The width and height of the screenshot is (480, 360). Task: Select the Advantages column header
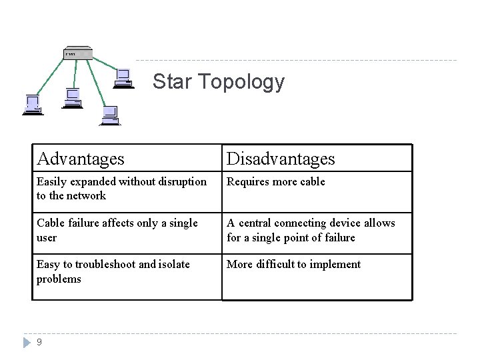pos(81,159)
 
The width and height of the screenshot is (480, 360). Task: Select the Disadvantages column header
pos(281,159)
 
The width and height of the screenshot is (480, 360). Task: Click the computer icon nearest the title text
pos(123,79)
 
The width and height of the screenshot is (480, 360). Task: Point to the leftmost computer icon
pos(33,105)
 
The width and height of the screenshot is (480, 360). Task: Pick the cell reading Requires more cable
pos(276,181)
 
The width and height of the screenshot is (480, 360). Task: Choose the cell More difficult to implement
pos(293,264)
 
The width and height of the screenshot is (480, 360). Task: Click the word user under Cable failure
pos(47,237)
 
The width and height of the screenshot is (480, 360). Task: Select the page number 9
pos(39,342)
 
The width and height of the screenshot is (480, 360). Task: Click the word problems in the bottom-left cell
pos(59,279)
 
